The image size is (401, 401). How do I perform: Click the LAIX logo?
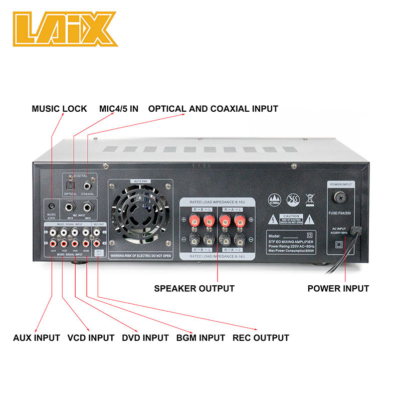point(65,29)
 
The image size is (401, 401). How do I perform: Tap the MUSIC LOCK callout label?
point(59,109)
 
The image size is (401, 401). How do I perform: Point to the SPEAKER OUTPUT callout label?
point(194,288)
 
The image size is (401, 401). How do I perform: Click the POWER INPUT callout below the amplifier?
point(338,288)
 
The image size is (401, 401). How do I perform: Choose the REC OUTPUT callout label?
point(261,337)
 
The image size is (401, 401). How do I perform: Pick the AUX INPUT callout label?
point(37,337)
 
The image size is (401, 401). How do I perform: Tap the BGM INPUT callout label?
point(200,337)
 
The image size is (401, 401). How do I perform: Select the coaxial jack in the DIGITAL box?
point(88,184)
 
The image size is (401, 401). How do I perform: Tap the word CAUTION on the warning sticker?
point(290,215)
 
